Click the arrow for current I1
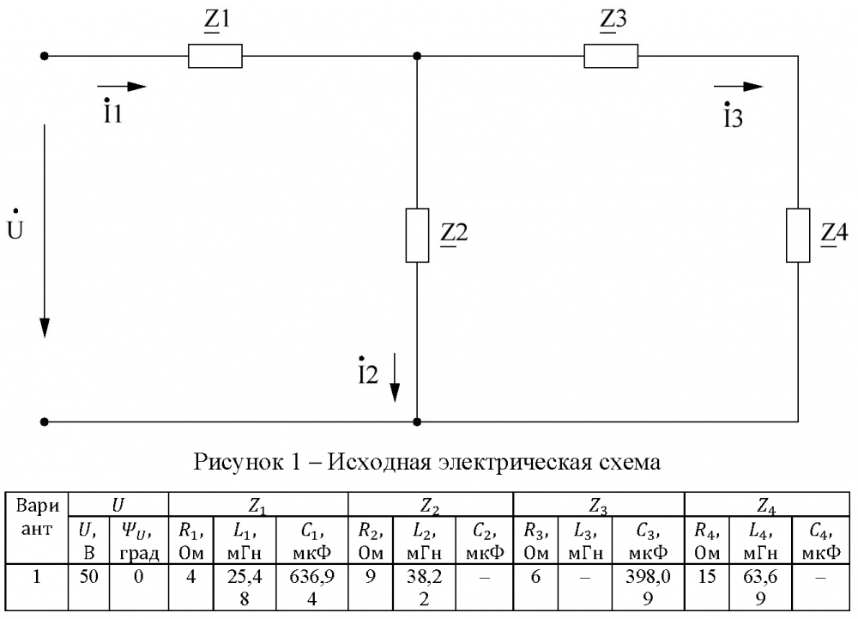pyautogui.click(x=122, y=87)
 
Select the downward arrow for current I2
pyautogui.click(x=395, y=378)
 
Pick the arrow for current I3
pyautogui.click(x=738, y=87)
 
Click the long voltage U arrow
pyautogui.click(x=45, y=231)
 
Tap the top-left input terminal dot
pyautogui.click(x=45, y=56)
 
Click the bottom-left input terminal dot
pyautogui.click(x=45, y=422)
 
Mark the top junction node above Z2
pyautogui.click(x=417, y=56)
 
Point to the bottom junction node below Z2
pyautogui.click(x=417, y=422)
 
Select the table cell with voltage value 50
pyautogui.click(x=88, y=587)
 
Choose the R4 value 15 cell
pyautogui.click(x=707, y=587)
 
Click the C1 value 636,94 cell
pyautogui.click(x=312, y=587)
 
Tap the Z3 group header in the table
pyautogui.click(x=599, y=504)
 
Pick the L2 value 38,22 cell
pyautogui.click(x=424, y=587)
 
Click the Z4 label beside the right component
pyautogui.click(x=835, y=234)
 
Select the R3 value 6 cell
pyautogui.click(x=535, y=587)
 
